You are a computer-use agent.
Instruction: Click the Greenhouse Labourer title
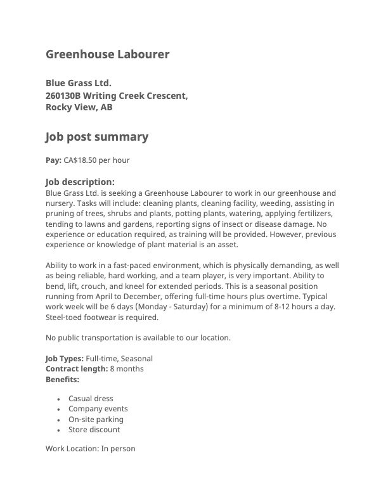(x=107, y=55)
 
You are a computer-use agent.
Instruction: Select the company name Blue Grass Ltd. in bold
(x=78, y=83)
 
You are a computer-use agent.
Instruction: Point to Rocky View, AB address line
(x=79, y=107)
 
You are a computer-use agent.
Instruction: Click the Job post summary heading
(x=96, y=137)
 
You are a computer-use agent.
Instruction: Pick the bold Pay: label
(x=53, y=160)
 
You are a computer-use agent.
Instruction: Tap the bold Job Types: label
(x=64, y=359)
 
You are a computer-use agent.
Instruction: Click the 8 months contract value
(x=127, y=369)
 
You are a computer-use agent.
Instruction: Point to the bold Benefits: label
(x=62, y=379)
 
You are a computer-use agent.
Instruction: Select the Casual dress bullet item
(x=91, y=399)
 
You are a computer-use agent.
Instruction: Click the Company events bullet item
(x=98, y=409)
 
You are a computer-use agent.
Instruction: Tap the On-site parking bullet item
(x=96, y=420)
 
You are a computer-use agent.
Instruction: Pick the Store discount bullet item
(x=94, y=430)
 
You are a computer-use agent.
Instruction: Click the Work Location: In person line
(x=90, y=449)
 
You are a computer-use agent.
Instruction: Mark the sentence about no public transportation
(x=138, y=338)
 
